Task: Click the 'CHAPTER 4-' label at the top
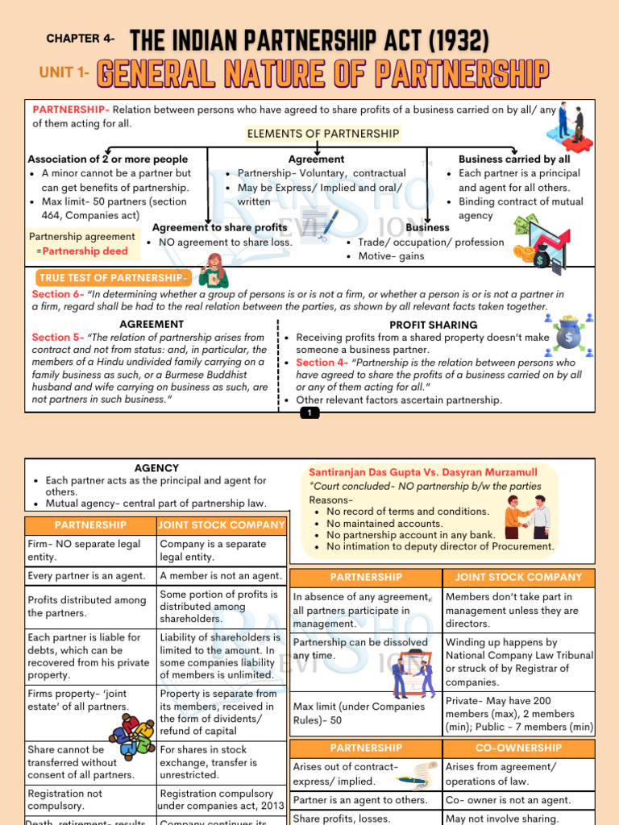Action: click(81, 39)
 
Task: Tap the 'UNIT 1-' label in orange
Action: click(64, 73)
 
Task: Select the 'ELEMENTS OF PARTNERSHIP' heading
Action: click(322, 134)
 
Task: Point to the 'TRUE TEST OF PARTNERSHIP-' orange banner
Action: click(112, 278)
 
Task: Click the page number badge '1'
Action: click(309, 413)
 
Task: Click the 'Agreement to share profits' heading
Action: click(219, 228)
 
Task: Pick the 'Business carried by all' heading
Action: click(513, 160)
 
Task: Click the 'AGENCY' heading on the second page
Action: click(156, 468)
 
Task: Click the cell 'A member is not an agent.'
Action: click(221, 576)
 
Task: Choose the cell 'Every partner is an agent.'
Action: click(86, 576)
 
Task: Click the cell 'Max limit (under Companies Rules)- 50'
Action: click(359, 713)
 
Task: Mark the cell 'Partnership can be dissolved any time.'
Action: click(360, 649)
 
